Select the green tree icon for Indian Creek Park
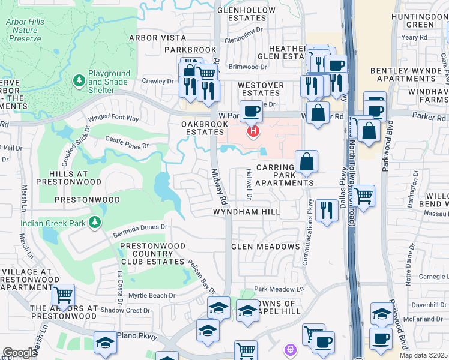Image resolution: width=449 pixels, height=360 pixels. coord(94,223)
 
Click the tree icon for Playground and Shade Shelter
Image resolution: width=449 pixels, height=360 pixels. coord(78,80)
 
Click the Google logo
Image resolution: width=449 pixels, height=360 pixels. coord(20,353)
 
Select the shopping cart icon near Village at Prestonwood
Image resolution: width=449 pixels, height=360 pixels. coord(63,295)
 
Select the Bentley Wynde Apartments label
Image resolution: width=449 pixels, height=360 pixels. coord(406,74)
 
